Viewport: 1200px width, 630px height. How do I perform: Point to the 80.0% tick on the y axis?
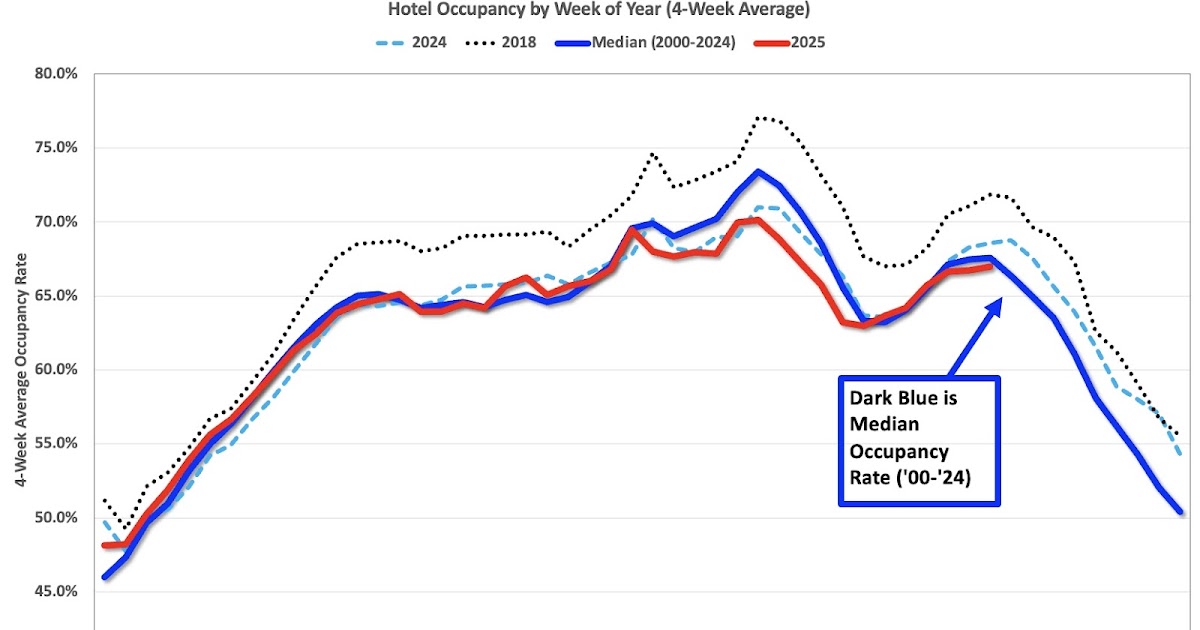(x=53, y=74)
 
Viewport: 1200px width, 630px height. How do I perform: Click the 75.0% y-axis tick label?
(x=53, y=148)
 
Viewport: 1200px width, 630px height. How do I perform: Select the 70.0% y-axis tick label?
(x=53, y=222)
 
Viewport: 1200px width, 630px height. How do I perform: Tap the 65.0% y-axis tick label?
(x=53, y=296)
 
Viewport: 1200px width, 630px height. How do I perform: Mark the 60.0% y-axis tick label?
(x=53, y=370)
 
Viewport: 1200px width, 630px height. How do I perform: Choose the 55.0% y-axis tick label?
(x=53, y=444)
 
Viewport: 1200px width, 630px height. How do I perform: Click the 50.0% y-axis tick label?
(x=53, y=518)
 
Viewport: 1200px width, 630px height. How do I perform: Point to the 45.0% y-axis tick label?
(x=53, y=592)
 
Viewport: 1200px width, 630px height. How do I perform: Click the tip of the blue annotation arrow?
(x=999, y=298)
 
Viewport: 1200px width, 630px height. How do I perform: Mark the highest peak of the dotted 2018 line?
(x=758, y=118)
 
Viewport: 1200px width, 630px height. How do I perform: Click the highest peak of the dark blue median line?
(x=758, y=171)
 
